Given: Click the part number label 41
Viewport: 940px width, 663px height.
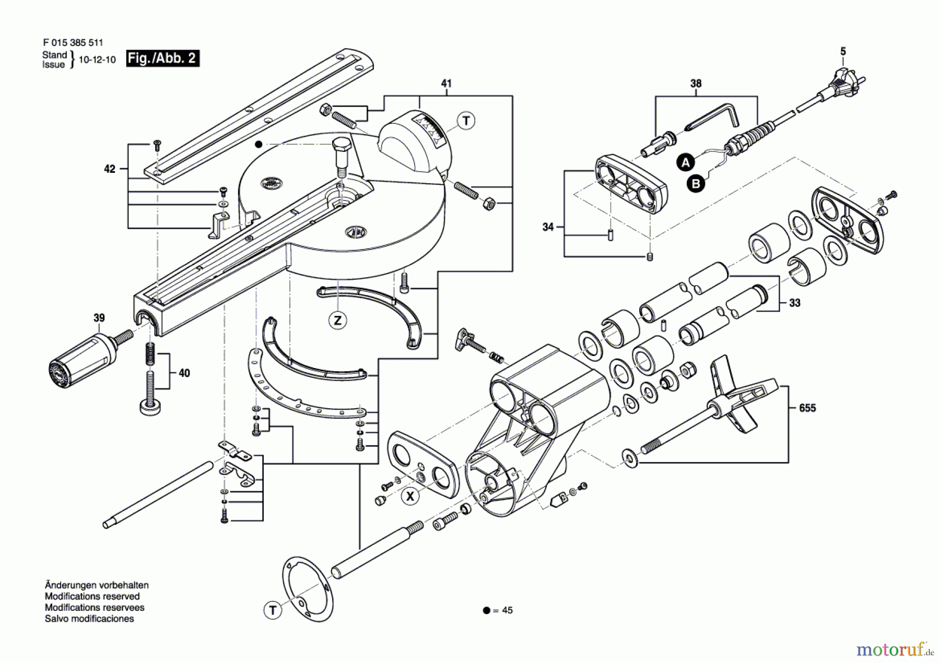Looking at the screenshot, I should tap(446, 84).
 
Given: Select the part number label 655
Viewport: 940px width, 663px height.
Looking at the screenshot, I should tap(807, 408).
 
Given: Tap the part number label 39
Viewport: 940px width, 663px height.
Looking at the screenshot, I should tap(99, 318).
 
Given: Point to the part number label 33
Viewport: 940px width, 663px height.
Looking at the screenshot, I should tap(794, 303).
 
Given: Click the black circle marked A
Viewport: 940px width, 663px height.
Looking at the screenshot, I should tap(686, 162).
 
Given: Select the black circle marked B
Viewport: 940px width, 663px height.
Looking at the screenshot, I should tap(696, 184).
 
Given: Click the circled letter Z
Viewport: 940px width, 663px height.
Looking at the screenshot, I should tap(338, 320).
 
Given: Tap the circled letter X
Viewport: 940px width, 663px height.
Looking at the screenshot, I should tap(410, 496).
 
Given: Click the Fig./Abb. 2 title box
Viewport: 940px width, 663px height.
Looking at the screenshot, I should tap(162, 58).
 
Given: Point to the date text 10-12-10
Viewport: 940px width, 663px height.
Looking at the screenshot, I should tap(97, 60).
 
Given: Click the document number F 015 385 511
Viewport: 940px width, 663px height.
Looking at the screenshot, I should tap(73, 43).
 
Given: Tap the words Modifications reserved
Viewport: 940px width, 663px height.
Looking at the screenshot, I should tap(92, 596).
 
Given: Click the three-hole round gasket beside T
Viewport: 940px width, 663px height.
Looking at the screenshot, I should tap(308, 588).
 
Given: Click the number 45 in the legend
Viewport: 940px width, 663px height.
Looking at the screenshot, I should tap(507, 610).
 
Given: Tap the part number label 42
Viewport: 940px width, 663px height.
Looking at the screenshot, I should tap(109, 169).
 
